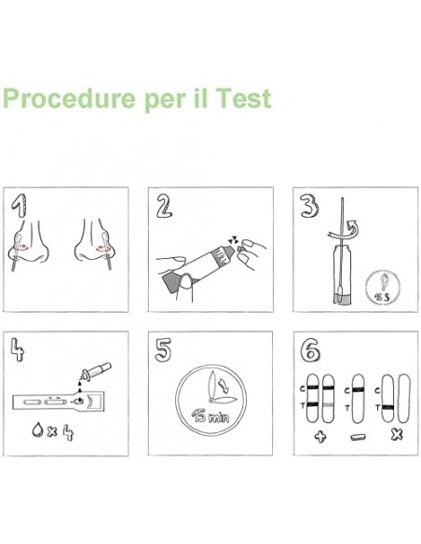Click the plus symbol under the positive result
tap(319, 436)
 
